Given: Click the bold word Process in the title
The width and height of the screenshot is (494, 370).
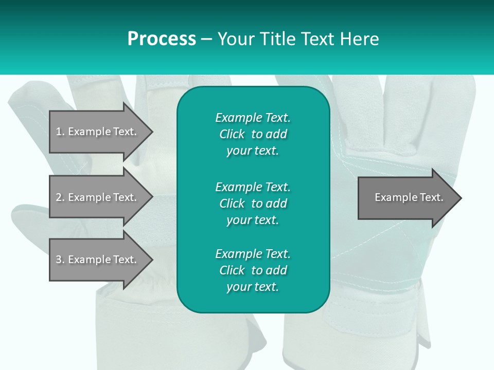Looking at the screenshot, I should pos(162,39).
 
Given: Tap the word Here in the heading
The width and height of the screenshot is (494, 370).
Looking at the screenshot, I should pos(359,39).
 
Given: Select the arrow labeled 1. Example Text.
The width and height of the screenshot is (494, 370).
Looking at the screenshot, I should pos(98,132).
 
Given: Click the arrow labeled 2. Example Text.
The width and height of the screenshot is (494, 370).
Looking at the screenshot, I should pos(98,197).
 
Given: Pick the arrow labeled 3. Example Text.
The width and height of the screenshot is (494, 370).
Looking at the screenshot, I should pos(98,260).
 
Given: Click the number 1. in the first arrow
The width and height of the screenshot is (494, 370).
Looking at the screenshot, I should pos(60,132).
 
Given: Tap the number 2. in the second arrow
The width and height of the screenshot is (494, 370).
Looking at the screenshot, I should pos(60,197).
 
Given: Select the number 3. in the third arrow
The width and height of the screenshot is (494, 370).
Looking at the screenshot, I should pos(60,260).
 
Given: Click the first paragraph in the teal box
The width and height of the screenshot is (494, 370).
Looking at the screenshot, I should pos(253,134).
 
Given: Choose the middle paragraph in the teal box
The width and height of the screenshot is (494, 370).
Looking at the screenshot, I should pos(253,203).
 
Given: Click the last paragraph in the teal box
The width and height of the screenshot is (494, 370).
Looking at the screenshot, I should pos(253,270).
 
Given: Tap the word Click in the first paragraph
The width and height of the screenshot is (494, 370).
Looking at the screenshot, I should pos(232,134).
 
